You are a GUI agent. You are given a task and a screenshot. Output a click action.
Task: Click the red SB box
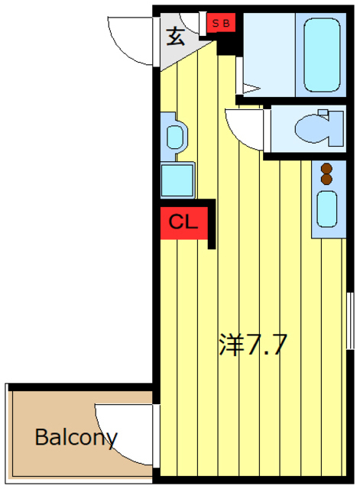[x=222, y=24]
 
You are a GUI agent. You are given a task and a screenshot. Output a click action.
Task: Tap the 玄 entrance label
[x=177, y=36]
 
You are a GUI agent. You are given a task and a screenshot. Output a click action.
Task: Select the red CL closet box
[x=184, y=223]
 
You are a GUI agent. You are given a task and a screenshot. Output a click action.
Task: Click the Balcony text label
[x=76, y=438]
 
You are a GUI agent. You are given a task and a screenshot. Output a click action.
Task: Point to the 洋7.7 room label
[x=253, y=345]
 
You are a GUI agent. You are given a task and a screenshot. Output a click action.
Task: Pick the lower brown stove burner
[x=327, y=180]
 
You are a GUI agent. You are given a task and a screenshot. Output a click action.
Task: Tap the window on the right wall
[x=352, y=320]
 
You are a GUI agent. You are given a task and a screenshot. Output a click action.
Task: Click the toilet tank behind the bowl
[x=337, y=128]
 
